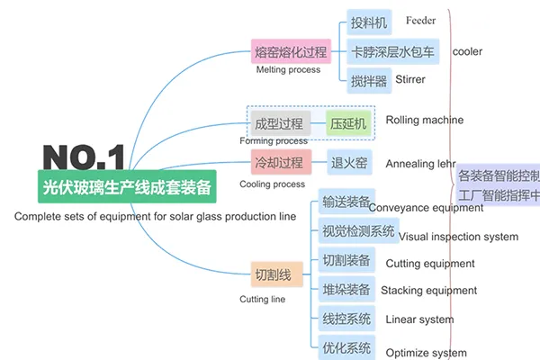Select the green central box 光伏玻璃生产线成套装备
click(x=127, y=187)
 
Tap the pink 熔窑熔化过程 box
click(x=290, y=51)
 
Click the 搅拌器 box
click(x=368, y=80)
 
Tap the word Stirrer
click(x=410, y=79)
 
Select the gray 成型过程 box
click(x=280, y=123)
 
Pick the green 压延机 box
click(x=347, y=123)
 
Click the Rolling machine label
click(x=425, y=120)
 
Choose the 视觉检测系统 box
click(x=358, y=231)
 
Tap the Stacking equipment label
click(x=428, y=291)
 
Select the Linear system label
click(x=419, y=319)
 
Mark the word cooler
click(x=467, y=51)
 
